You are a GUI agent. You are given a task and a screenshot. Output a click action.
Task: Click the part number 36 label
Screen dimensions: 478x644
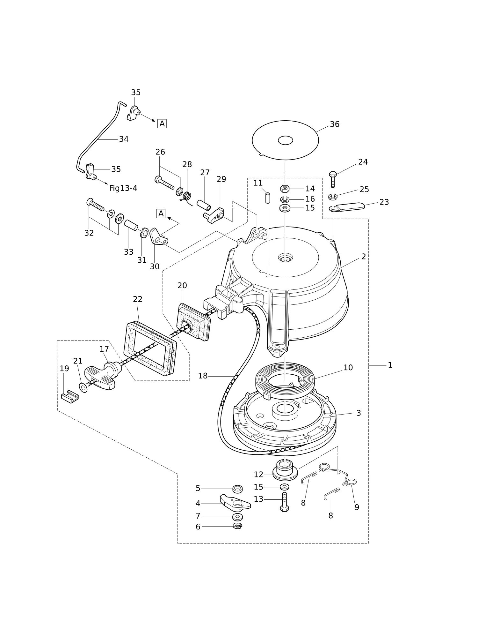pos(334,124)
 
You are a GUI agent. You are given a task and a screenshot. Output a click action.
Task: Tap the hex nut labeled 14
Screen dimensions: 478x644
pos(285,188)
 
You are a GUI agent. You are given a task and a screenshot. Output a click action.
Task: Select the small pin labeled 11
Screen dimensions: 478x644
pos(268,198)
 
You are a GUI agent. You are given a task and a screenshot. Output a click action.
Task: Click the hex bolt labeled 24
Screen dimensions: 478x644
pos(333,179)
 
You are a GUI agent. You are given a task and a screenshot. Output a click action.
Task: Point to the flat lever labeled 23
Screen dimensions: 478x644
pos(347,207)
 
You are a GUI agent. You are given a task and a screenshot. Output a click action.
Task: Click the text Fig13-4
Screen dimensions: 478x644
pos(123,188)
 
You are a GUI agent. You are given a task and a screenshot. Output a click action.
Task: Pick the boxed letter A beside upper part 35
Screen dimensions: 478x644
pos(162,124)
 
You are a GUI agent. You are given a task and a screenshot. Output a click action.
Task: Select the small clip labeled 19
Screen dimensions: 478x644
pos(70,397)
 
